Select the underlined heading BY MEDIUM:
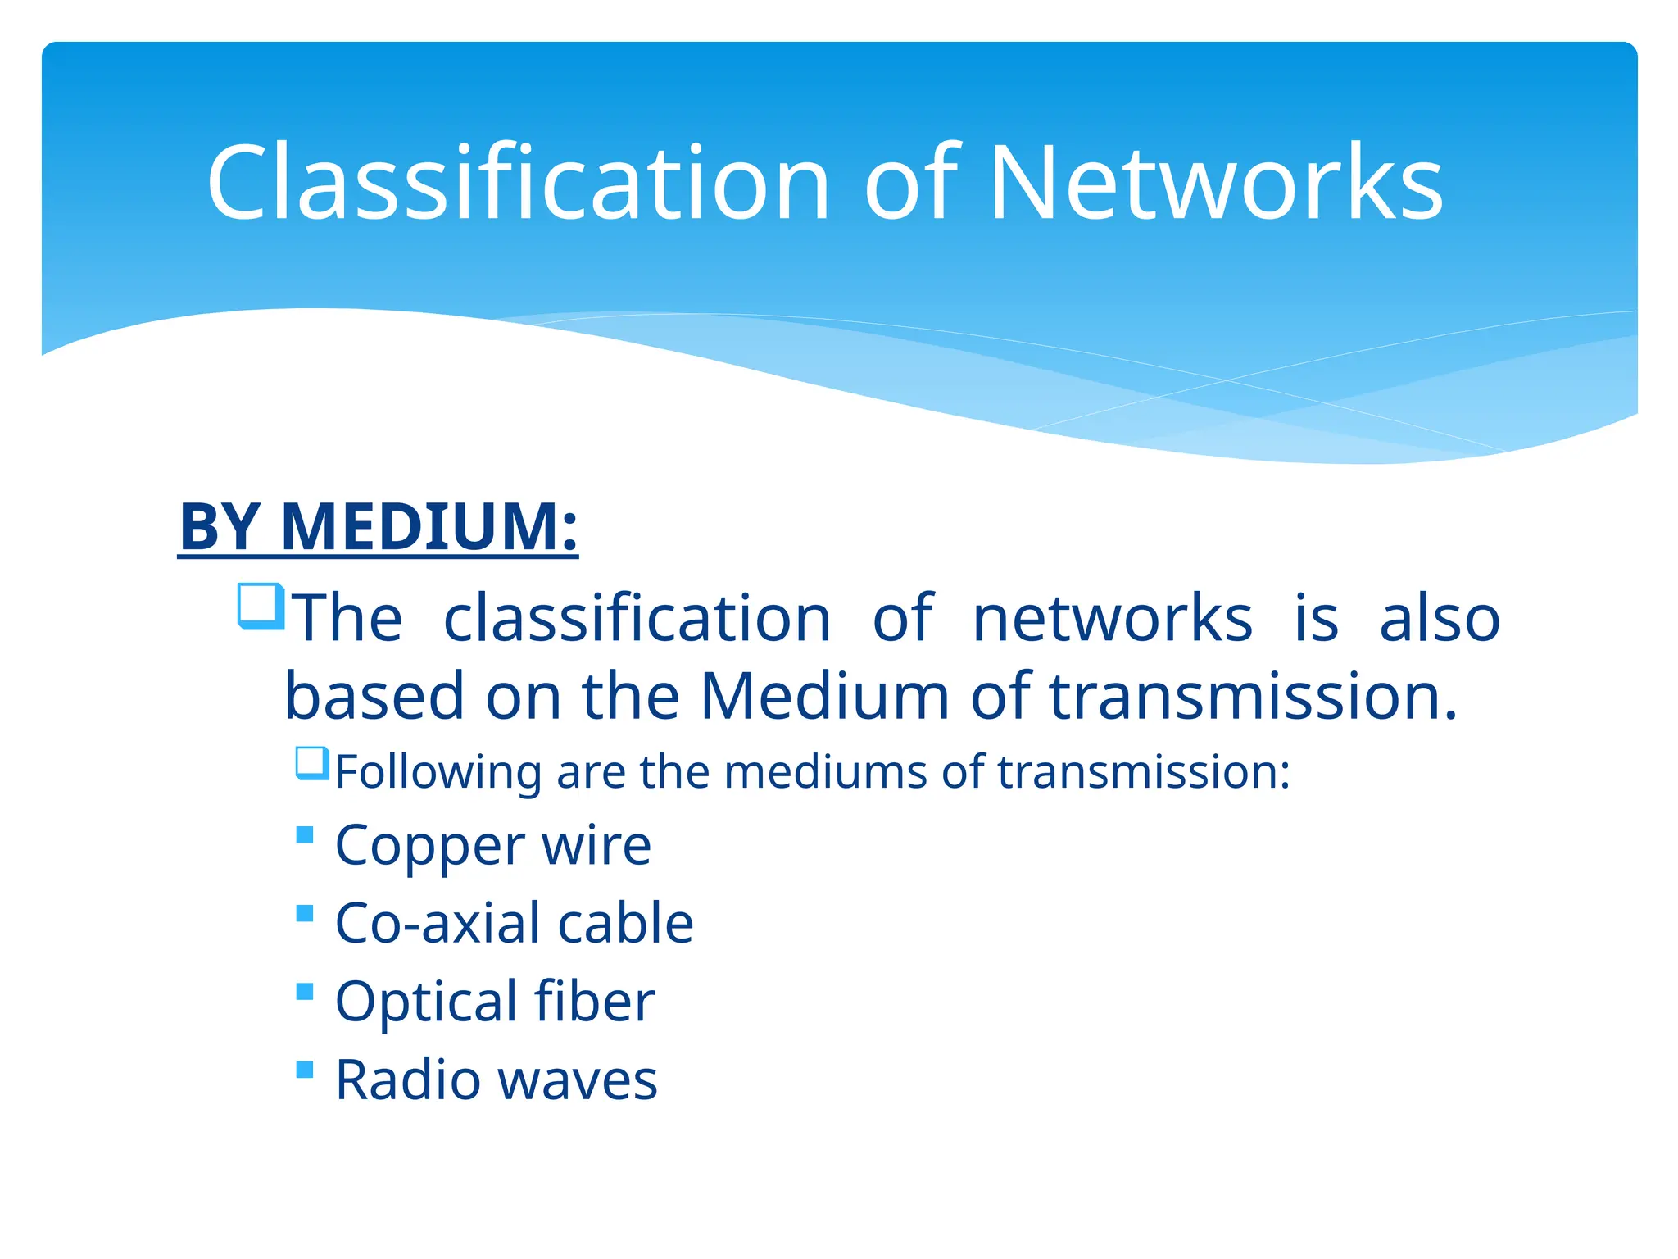click(x=379, y=526)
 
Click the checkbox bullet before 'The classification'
click(x=261, y=607)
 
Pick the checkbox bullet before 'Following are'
click(x=312, y=763)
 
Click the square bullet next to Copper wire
click(x=305, y=835)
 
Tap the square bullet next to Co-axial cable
click(x=305, y=913)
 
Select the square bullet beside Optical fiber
click(x=305, y=992)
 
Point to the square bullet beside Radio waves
click(x=305, y=1070)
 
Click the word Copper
click(x=429, y=846)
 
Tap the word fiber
click(x=594, y=1002)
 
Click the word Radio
click(x=407, y=1079)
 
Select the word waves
click(x=578, y=1079)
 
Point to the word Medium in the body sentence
click(x=824, y=696)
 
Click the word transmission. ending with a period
click(x=1254, y=696)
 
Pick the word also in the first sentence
click(x=1440, y=618)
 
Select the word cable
click(x=625, y=924)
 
